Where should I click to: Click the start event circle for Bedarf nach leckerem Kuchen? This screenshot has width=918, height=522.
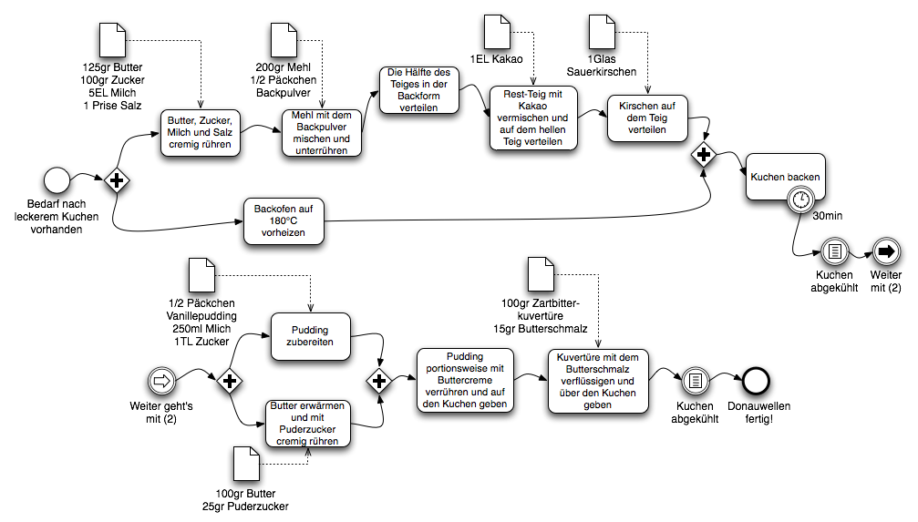[57, 179]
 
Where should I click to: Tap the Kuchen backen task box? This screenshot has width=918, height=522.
[785, 177]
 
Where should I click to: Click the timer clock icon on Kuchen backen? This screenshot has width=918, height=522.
[800, 199]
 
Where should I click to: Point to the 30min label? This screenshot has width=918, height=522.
[828, 216]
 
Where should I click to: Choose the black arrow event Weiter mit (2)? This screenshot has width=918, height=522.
[884, 251]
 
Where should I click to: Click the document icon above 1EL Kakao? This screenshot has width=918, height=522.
[497, 32]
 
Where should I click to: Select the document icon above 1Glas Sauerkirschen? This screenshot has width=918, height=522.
[603, 32]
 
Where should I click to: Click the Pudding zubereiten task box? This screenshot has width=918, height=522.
[311, 335]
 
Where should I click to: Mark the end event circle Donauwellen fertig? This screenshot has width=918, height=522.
[755, 380]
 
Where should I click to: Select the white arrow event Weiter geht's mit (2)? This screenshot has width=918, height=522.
[160, 379]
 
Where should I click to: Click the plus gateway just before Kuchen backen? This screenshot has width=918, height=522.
[703, 155]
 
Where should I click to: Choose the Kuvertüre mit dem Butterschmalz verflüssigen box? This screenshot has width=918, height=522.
[597, 380]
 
